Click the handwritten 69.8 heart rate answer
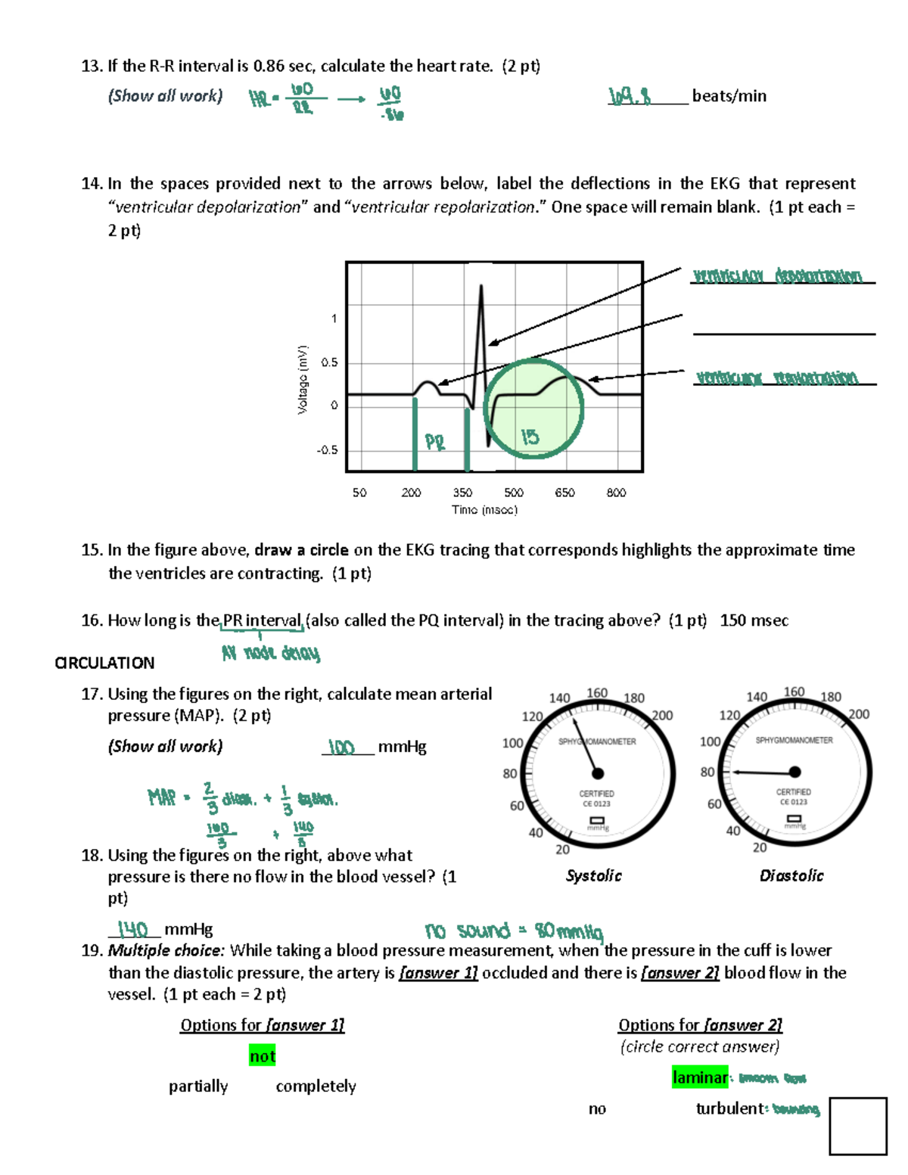point(630,96)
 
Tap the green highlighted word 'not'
point(263,1055)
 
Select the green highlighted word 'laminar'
point(699,1077)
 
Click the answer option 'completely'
point(316,1086)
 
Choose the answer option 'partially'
point(198,1086)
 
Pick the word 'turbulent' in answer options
point(729,1108)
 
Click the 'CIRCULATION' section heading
point(104,663)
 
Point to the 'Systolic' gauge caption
point(593,875)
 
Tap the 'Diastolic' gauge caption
point(791,875)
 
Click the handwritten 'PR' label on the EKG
point(435,442)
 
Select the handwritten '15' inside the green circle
point(530,437)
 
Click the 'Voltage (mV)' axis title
point(303,380)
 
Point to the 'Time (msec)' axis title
point(484,510)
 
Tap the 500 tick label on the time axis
point(514,493)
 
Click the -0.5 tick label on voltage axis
point(327,450)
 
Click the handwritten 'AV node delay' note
point(270,653)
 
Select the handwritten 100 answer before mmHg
point(341,748)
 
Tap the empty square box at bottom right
point(857,1126)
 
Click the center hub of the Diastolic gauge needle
point(794,772)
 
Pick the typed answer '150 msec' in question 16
point(754,620)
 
